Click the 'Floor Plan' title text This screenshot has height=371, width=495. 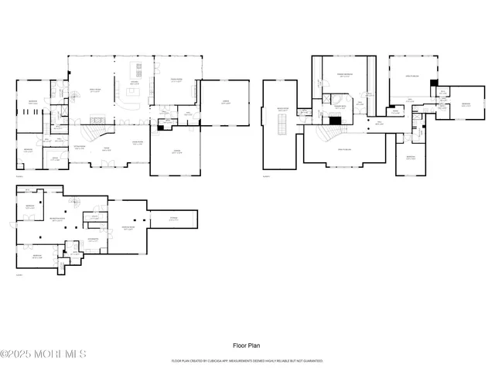coord(247,345)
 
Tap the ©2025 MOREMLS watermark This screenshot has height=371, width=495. coord(43,355)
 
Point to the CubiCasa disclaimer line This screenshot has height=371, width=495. coord(247,361)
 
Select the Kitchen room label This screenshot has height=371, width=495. coord(134,83)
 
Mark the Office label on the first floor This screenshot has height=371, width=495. coord(56,158)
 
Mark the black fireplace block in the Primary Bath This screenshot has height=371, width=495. coord(334,120)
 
